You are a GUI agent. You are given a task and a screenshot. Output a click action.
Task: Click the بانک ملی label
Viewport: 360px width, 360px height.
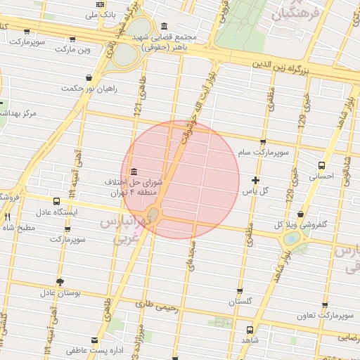click(x=95, y=13)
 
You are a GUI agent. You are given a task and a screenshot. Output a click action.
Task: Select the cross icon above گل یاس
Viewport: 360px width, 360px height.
click(x=255, y=181)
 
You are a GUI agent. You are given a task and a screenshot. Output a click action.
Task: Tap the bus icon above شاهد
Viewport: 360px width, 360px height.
click(x=250, y=329)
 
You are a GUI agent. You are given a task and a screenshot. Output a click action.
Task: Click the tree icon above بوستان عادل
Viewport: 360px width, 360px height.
click(x=59, y=281)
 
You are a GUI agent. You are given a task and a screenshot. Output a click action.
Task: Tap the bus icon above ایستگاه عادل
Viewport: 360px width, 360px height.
click(x=56, y=201)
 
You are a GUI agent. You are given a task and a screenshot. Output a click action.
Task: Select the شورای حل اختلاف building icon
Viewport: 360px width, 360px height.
click(x=134, y=172)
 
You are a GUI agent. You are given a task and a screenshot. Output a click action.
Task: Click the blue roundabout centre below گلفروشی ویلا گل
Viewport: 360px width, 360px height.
click(x=290, y=239)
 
